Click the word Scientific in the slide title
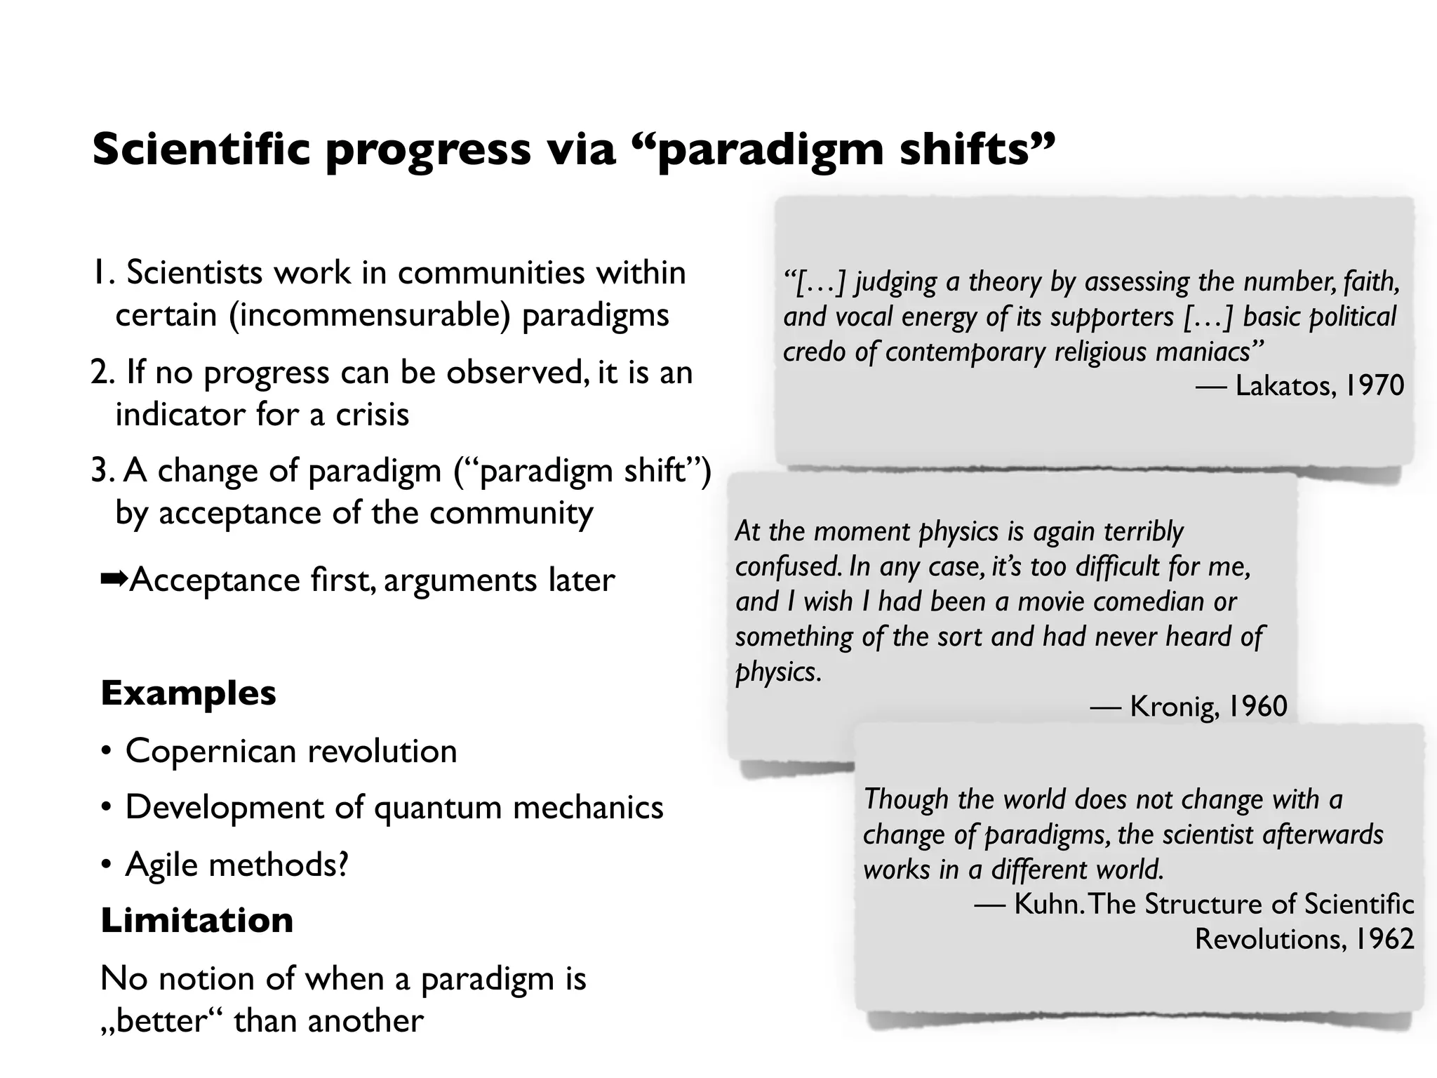(201, 149)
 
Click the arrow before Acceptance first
(114, 580)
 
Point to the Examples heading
(188, 693)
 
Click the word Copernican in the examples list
(210, 751)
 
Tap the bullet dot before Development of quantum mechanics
(106, 808)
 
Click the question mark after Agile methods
(342, 864)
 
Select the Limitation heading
(196, 920)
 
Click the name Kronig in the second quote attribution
(1174, 706)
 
